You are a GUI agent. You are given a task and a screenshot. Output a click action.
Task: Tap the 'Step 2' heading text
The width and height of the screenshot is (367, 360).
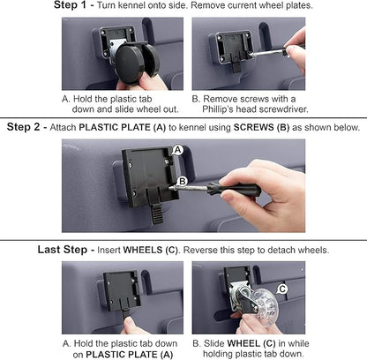[x=23, y=127]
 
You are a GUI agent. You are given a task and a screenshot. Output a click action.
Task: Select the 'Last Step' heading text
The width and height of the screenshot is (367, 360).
[x=63, y=250]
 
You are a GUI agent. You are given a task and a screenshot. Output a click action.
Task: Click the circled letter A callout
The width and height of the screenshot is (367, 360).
[x=177, y=150]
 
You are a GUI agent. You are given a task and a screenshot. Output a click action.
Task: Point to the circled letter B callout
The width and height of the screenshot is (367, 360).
[x=183, y=181]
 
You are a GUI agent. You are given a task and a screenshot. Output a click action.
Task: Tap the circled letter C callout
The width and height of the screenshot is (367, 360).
[x=282, y=289]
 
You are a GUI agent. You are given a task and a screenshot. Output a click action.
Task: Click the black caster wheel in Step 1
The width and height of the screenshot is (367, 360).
[x=136, y=63]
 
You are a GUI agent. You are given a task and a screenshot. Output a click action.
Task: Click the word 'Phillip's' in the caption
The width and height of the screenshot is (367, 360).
[x=218, y=109]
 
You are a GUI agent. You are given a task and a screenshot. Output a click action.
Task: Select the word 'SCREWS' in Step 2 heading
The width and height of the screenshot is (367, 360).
[x=254, y=127]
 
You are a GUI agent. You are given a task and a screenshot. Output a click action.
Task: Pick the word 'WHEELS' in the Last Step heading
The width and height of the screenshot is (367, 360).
[x=143, y=250]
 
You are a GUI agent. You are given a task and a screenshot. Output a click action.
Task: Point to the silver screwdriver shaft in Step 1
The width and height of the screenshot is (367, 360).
[x=267, y=52]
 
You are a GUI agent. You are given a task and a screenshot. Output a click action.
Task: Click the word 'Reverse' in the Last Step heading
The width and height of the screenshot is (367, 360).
[x=200, y=250]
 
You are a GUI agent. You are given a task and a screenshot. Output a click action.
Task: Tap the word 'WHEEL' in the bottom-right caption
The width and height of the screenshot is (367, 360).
[x=243, y=343]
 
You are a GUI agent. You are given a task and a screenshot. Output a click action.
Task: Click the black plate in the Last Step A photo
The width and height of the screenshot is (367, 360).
[x=122, y=289]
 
